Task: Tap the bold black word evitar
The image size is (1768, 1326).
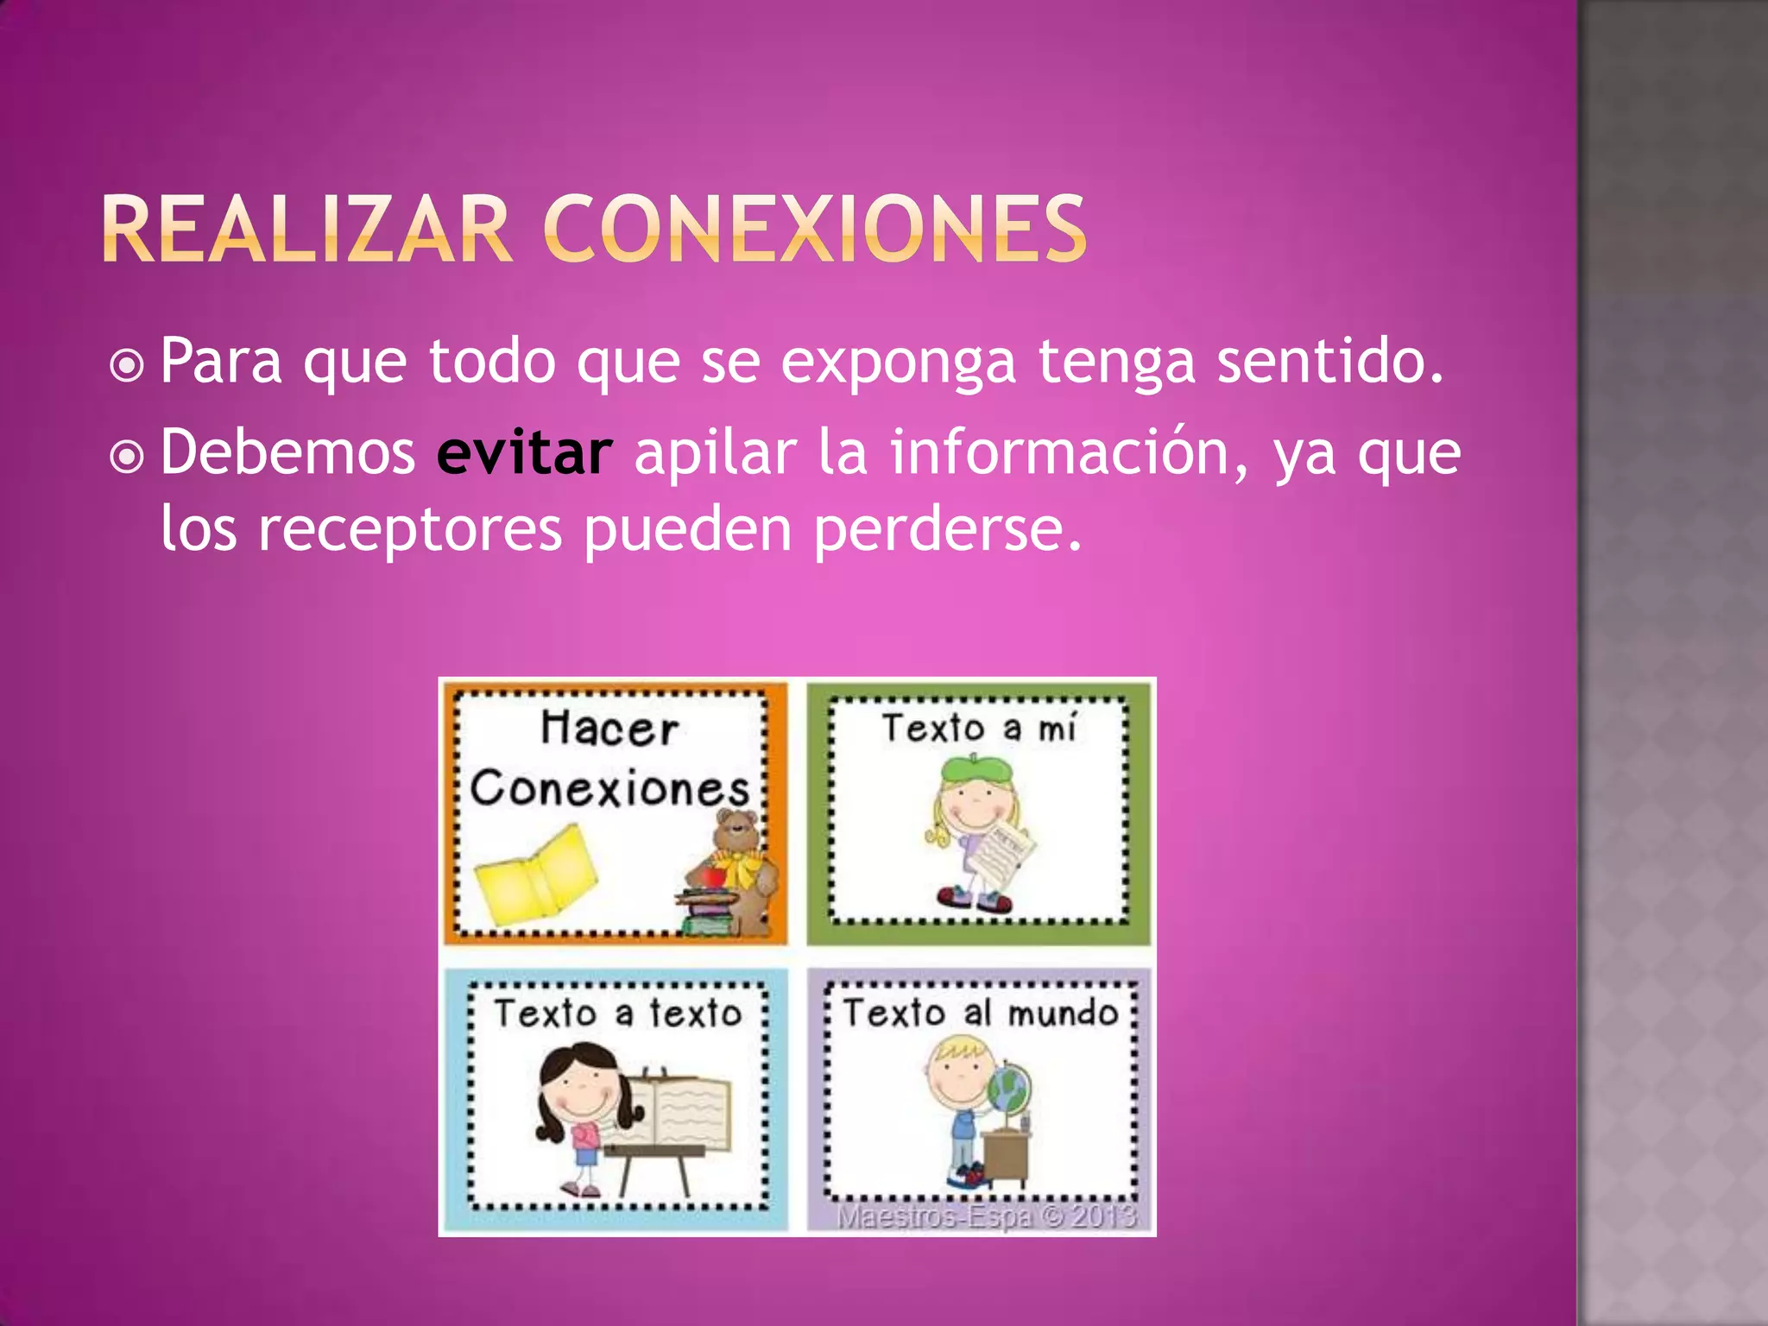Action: pyautogui.click(x=524, y=452)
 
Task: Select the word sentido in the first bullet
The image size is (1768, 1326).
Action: pyautogui.click(x=1329, y=361)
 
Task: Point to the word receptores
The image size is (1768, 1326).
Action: pyautogui.click(x=410, y=528)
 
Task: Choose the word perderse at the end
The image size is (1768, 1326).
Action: pyautogui.click(x=947, y=528)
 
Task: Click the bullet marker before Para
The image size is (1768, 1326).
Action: pyautogui.click(x=127, y=366)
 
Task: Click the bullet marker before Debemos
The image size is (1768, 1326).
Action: pyautogui.click(x=127, y=458)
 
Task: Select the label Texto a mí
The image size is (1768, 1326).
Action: pyautogui.click(x=978, y=729)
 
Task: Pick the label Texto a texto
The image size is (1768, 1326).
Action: pyautogui.click(x=617, y=1013)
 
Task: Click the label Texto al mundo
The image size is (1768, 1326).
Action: pyautogui.click(x=980, y=1013)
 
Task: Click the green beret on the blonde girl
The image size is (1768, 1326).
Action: pyautogui.click(x=970, y=767)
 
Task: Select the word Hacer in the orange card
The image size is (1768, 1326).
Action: pyautogui.click(x=609, y=729)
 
